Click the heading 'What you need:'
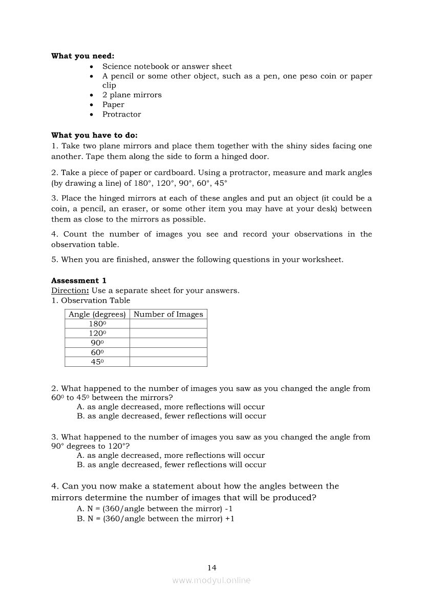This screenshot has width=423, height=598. tap(82, 56)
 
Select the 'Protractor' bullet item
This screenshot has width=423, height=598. tap(121, 114)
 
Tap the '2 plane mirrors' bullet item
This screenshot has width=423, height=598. tap(132, 95)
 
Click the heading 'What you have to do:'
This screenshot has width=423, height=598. tap(94, 136)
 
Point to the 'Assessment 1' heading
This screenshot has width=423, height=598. tap(79, 281)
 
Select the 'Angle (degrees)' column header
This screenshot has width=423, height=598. tap(97, 314)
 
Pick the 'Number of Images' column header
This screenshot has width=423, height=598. tap(168, 314)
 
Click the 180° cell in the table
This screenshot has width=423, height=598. tap(97, 324)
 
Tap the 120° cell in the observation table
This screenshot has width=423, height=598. tap(97, 333)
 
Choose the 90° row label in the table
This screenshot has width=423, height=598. tap(97, 343)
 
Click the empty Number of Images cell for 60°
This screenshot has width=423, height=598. tap(168, 352)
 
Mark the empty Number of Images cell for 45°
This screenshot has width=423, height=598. tap(168, 362)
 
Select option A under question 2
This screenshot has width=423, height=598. tap(171, 407)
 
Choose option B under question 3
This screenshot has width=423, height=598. tap(171, 465)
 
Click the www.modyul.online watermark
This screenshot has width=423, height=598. tap(211, 581)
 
